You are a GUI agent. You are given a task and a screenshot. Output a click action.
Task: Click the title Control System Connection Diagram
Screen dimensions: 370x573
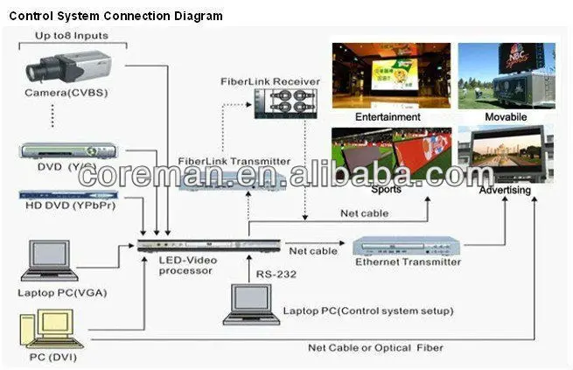coord(115,16)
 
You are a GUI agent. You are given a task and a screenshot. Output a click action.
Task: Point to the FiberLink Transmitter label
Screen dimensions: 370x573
coord(234,162)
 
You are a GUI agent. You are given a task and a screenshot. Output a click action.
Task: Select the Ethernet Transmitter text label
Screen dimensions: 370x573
coord(408,262)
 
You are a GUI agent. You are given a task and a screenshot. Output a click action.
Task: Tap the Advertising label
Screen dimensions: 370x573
coord(508,189)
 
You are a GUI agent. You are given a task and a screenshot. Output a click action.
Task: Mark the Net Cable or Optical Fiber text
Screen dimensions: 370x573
coord(375,347)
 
